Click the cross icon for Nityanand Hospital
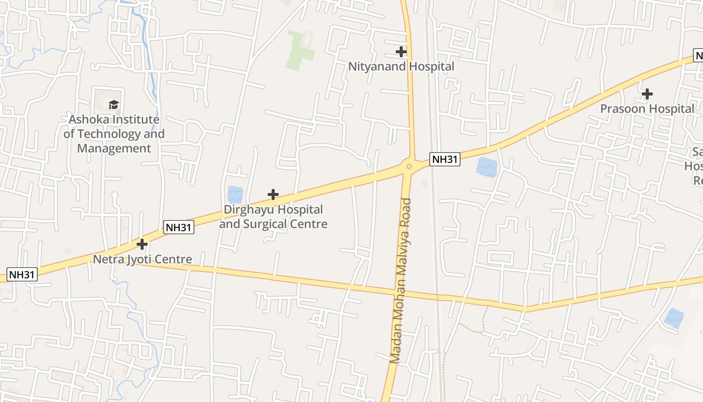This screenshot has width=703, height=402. coord(401,51)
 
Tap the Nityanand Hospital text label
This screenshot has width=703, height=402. coord(401,66)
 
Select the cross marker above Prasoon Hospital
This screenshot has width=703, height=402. coord(647,94)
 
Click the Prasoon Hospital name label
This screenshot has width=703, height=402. coord(647,109)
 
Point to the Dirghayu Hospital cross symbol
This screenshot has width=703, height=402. coord(273,194)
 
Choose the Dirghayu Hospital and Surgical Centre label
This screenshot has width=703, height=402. coord(273,217)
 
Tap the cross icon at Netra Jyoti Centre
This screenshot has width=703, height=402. coord(142,244)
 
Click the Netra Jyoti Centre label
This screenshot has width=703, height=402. coord(143,259)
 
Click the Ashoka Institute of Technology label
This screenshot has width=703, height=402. coord(114,134)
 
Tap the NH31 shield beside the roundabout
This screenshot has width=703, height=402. coord(445,159)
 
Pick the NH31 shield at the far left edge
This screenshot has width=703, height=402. coord(22,274)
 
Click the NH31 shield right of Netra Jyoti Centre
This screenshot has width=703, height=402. coord(178,227)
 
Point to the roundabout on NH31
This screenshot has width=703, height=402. coord(409,166)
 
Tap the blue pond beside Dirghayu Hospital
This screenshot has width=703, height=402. coord(235,195)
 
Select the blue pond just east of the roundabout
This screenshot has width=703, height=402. coord(486,167)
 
